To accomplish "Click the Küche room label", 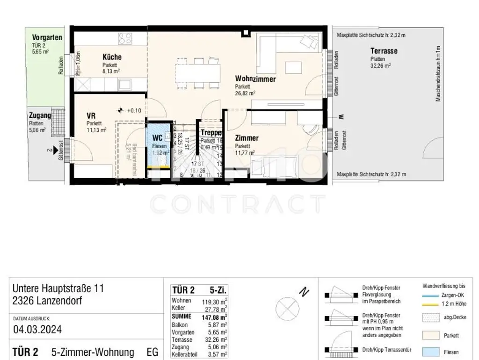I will (x=112, y=58).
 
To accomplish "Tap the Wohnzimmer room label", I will (x=255, y=79).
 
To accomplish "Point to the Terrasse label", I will (x=384, y=51).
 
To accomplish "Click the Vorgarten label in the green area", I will (x=47, y=37).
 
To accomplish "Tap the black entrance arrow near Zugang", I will (x=57, y=151).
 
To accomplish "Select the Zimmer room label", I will (x=247, y=138).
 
